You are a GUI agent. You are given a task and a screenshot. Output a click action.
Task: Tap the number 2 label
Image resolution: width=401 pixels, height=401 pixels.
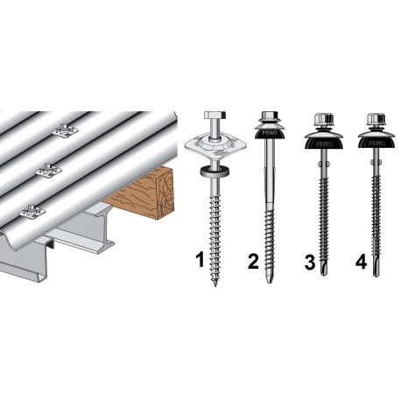click(254, 259)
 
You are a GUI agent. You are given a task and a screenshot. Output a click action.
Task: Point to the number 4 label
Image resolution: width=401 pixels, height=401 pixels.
click(362, 259)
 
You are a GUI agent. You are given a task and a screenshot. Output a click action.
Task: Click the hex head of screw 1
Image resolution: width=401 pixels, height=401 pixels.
click(215, 118)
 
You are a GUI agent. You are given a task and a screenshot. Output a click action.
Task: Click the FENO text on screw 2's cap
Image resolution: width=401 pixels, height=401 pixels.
click(269, 137)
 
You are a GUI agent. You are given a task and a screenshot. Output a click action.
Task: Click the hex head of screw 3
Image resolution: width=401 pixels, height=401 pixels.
click(322, 118)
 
